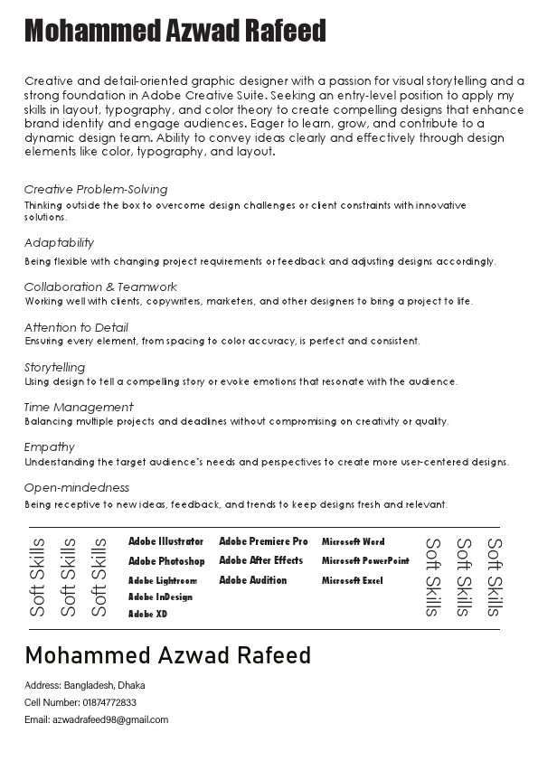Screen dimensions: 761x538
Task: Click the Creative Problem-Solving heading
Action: tap(96, 190)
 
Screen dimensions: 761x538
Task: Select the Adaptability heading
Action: tap(59, 243)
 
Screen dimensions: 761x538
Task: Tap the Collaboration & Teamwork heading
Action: tap(100, 287)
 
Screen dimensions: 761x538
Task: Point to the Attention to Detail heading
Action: tap(76, 328)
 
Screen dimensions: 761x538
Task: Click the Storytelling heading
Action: tap(54, 368)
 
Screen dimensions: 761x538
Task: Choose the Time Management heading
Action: tap(79, 408)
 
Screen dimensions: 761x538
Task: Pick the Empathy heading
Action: tap(50, 447)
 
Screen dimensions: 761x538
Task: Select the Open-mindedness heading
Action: tap(77, 488)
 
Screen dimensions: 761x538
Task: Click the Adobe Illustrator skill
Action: tap(166, 542)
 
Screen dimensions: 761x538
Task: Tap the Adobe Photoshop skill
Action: tap(166, 561)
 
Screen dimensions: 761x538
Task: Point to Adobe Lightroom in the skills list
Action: tap(163, 581)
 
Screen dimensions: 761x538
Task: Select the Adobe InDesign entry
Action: tap(160, 597)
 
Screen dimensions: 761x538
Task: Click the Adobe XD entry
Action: tap(147, 615)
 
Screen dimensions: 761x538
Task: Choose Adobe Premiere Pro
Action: tap(263, 541)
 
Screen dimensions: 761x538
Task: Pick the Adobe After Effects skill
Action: tap(260, 560)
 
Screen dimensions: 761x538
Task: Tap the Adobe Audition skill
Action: tap(252, 580)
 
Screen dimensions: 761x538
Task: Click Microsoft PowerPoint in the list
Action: tap(365, 561)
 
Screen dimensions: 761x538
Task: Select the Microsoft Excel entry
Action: tap(353, 581)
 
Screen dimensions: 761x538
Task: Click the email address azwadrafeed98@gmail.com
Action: tap(110, 720)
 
